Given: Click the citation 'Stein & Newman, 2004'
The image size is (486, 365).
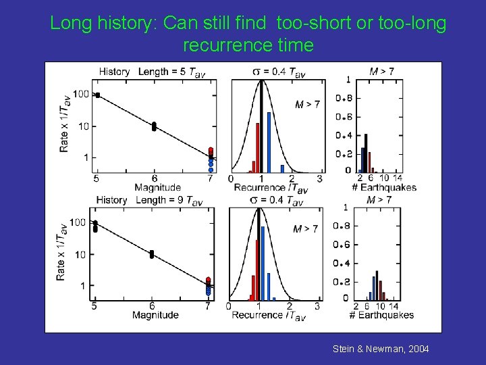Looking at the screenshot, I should (x=381, y=349).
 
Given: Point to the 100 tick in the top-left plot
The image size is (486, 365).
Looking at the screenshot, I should (x=81, y=94).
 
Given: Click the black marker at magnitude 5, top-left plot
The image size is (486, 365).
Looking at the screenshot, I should (x=98, y=95).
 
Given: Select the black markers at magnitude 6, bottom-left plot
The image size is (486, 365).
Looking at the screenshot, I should (x=152, y=254).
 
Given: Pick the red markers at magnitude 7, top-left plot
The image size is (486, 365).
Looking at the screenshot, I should (x=211, y=151).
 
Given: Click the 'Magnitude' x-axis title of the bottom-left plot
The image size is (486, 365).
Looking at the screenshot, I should (x=155, y=315).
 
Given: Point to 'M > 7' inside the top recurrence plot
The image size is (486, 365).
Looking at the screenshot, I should (x=308, y=104).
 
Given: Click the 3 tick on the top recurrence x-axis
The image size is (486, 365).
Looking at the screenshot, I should (x=319, y=178).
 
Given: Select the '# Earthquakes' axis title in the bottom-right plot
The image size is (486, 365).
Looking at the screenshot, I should (x=383, y=315).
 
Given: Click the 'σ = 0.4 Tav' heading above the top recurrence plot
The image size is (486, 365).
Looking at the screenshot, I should (x=277, y=72).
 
